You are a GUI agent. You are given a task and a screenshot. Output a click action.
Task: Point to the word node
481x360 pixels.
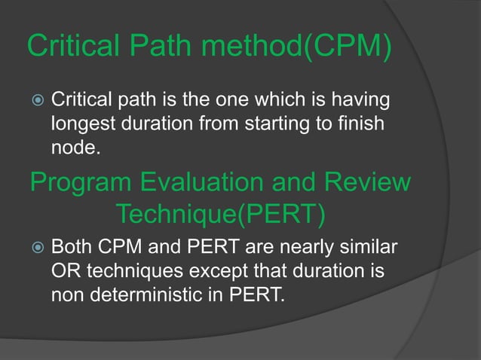coord(73,147)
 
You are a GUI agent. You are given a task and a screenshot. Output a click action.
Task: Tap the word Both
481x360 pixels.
coord(72,247)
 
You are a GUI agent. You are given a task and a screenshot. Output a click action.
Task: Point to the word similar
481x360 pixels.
coord(371,247)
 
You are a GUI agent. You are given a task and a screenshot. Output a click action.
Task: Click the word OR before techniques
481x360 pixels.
coord(63,270)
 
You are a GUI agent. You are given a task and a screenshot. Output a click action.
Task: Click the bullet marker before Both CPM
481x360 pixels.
coord(35,248)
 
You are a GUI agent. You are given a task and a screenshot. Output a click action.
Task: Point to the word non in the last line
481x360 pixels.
coord(66,294)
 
